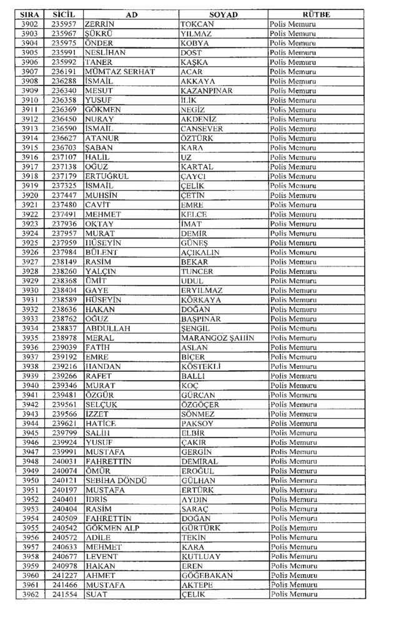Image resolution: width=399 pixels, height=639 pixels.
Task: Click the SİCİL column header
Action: [x=65, y=14]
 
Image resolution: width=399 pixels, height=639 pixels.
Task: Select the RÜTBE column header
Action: [x=315, y=14]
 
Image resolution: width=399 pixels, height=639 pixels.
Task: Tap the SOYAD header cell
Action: [x=223, y=14]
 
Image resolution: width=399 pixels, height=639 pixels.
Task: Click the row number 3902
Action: [x=30, y=24]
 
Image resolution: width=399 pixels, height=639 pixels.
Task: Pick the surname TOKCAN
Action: [x=197, y=24]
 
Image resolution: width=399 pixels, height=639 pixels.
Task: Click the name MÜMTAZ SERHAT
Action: [x=119, y=72]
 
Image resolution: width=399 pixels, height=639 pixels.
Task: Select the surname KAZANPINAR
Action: [x=206, y=90]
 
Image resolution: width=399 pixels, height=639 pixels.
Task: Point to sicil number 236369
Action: [x=64, y=109]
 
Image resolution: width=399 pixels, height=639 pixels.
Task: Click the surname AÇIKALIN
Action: [x=200, y=252]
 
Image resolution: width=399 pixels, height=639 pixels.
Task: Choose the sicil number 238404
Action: [x=64, y=290]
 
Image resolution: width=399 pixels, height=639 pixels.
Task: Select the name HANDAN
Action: [x=103, y=366]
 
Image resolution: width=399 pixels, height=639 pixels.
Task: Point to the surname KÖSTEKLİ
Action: [x=200, y=366]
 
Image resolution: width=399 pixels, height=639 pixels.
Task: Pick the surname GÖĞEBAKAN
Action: [x=207, y=575]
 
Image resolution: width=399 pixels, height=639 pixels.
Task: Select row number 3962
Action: [x=30, y=595]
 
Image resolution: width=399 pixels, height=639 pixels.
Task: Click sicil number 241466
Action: [x=64, y=585]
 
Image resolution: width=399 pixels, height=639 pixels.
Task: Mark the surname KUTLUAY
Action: [x=201, y=557]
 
